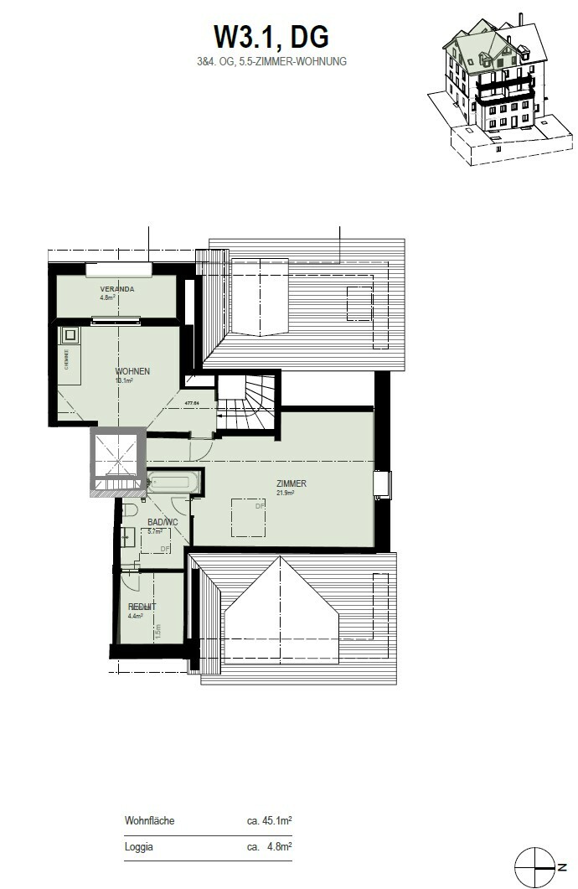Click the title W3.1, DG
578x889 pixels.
click(271, 37)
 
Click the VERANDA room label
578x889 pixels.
click(117, 289)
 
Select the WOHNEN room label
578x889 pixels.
click(132, 371)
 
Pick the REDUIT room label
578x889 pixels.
click(142, 606)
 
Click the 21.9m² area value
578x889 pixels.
click(287, 493)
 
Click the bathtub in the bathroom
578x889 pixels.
click(174, 483)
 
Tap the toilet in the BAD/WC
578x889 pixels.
click(129, 510)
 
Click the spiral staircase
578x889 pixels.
click(248, 401)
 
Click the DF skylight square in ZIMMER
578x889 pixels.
click(249, 519)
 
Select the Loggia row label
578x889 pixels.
click(139, 847)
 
